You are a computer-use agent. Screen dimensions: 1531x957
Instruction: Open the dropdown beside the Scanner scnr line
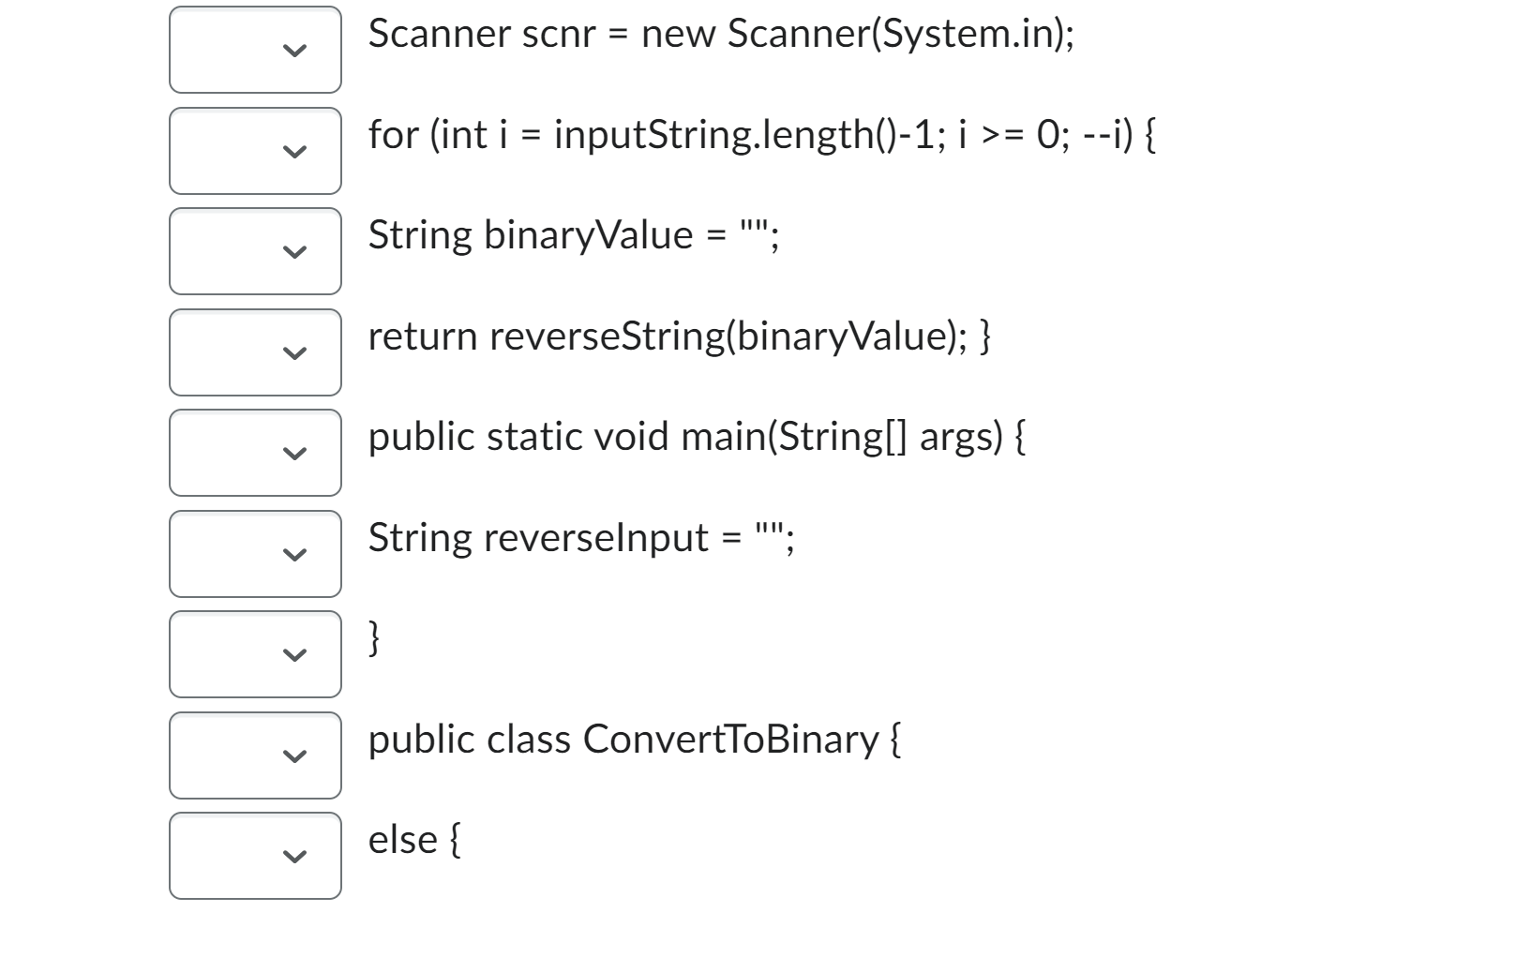click(255, 50)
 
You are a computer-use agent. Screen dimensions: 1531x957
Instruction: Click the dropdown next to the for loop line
click(255, 150)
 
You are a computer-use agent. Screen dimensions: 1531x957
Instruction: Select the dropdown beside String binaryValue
click(255, 251)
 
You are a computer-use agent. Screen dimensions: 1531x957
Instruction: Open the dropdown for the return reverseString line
click(255, 352)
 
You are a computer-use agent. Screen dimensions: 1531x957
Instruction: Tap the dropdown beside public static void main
click(255, 453)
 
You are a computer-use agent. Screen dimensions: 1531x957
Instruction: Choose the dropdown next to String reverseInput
click(255, 554)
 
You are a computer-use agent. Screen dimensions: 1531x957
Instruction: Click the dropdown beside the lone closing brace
click(255, 654)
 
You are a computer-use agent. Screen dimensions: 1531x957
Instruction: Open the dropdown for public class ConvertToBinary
click(255, 755)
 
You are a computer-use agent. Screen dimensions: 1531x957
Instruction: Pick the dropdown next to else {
click(255, 856)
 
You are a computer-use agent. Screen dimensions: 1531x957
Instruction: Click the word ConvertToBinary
click(730, 740)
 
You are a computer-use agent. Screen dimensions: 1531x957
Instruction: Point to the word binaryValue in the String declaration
click(588, 235)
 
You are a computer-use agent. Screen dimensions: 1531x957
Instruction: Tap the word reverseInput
click(596, 538)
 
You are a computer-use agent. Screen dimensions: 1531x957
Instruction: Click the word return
click(422, 336)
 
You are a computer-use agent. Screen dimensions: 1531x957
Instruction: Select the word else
click(402, 840)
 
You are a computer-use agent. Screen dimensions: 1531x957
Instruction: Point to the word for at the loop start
click(393, 135)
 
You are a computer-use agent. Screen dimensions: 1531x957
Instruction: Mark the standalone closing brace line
click(374, 638)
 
